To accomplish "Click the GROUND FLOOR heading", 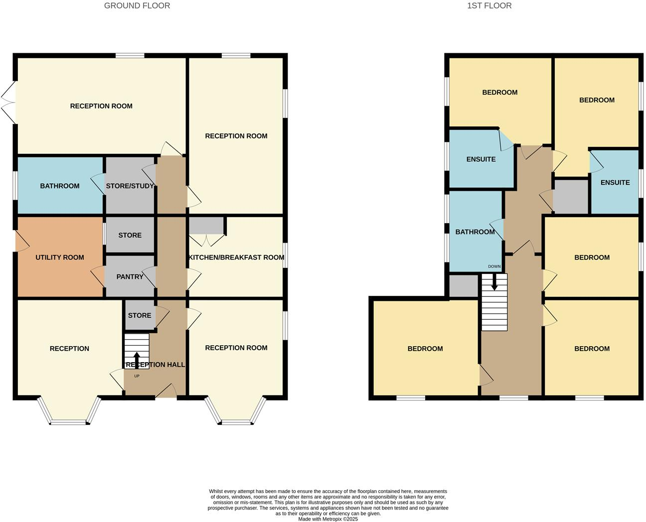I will click(x=137, y=6).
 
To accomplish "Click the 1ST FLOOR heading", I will click(x=489, y=6).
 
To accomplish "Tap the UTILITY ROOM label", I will click(x=59, y=258).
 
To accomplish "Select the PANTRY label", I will click(x=130, y=277).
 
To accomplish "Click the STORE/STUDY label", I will click(x=130, y=186).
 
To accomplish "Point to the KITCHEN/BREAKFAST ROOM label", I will click(x=236, y=258).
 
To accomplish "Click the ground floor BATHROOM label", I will click(x=59, y=186).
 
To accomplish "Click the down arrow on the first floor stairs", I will click(x=494, y=282).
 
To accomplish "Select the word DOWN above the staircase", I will click(x=494, y=266).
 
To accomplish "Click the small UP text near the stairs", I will click(x=137, y=376).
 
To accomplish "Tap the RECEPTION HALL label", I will click(x=155, y=365).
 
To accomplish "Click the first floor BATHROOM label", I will click(x=475, y=232).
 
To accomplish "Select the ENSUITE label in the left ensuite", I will click(x=481, y=159).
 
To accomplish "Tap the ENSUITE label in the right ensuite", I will click(x=615, y=183).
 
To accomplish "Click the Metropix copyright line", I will click(x=328, y=519).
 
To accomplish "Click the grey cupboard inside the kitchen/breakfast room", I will click(x=206, y=226).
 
